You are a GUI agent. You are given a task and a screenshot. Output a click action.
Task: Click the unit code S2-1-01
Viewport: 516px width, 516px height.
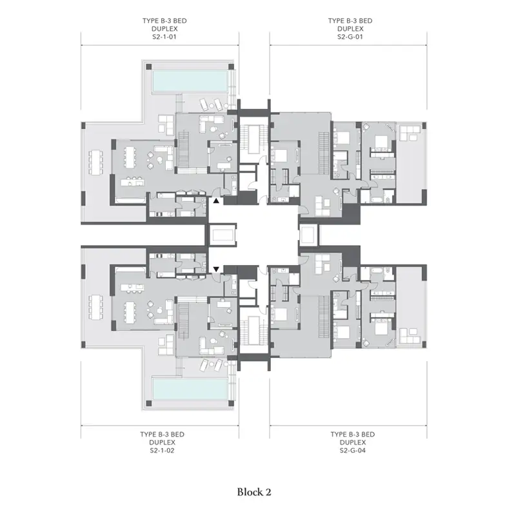click(x=164, y=37)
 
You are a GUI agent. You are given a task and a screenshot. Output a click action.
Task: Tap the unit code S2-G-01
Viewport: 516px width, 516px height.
click(x=350, y=37)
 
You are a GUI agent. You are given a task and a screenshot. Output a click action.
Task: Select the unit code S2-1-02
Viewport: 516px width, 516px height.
click(x=162, y=450)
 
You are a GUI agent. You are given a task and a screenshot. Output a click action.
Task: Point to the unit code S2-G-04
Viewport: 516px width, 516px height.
click(x=352, y=450)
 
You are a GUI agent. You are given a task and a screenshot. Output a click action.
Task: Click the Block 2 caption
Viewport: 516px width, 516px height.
click(x=254, y=492)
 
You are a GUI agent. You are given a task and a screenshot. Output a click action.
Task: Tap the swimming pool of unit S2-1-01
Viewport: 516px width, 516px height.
click(x=190, y=81)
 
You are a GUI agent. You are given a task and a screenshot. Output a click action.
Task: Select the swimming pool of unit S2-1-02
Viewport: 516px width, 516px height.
click(x=190, y=389)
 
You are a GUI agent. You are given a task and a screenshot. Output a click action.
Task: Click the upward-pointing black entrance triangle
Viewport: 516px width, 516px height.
click(x=216, y=201)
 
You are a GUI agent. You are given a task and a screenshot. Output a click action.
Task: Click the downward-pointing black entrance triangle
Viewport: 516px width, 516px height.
click(x=216, y=270)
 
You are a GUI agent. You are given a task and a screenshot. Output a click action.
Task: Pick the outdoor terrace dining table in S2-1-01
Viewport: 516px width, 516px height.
click(x=95, y=163)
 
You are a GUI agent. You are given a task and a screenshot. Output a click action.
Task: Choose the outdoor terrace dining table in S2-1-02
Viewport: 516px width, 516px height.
click(x=95, y=308)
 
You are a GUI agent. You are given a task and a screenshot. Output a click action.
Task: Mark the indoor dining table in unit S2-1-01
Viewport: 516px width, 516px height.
click(x=130, y=157)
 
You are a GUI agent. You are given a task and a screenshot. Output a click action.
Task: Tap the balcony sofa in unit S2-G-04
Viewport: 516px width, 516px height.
click(x=410, y=336)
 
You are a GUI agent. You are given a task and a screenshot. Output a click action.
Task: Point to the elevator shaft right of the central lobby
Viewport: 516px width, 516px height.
click(x=309, y=235)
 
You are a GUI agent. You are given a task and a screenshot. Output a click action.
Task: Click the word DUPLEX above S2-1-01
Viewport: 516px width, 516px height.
click(x=164, y=29)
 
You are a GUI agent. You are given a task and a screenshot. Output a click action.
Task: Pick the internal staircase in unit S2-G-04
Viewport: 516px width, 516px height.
click(x=324, y=316)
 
